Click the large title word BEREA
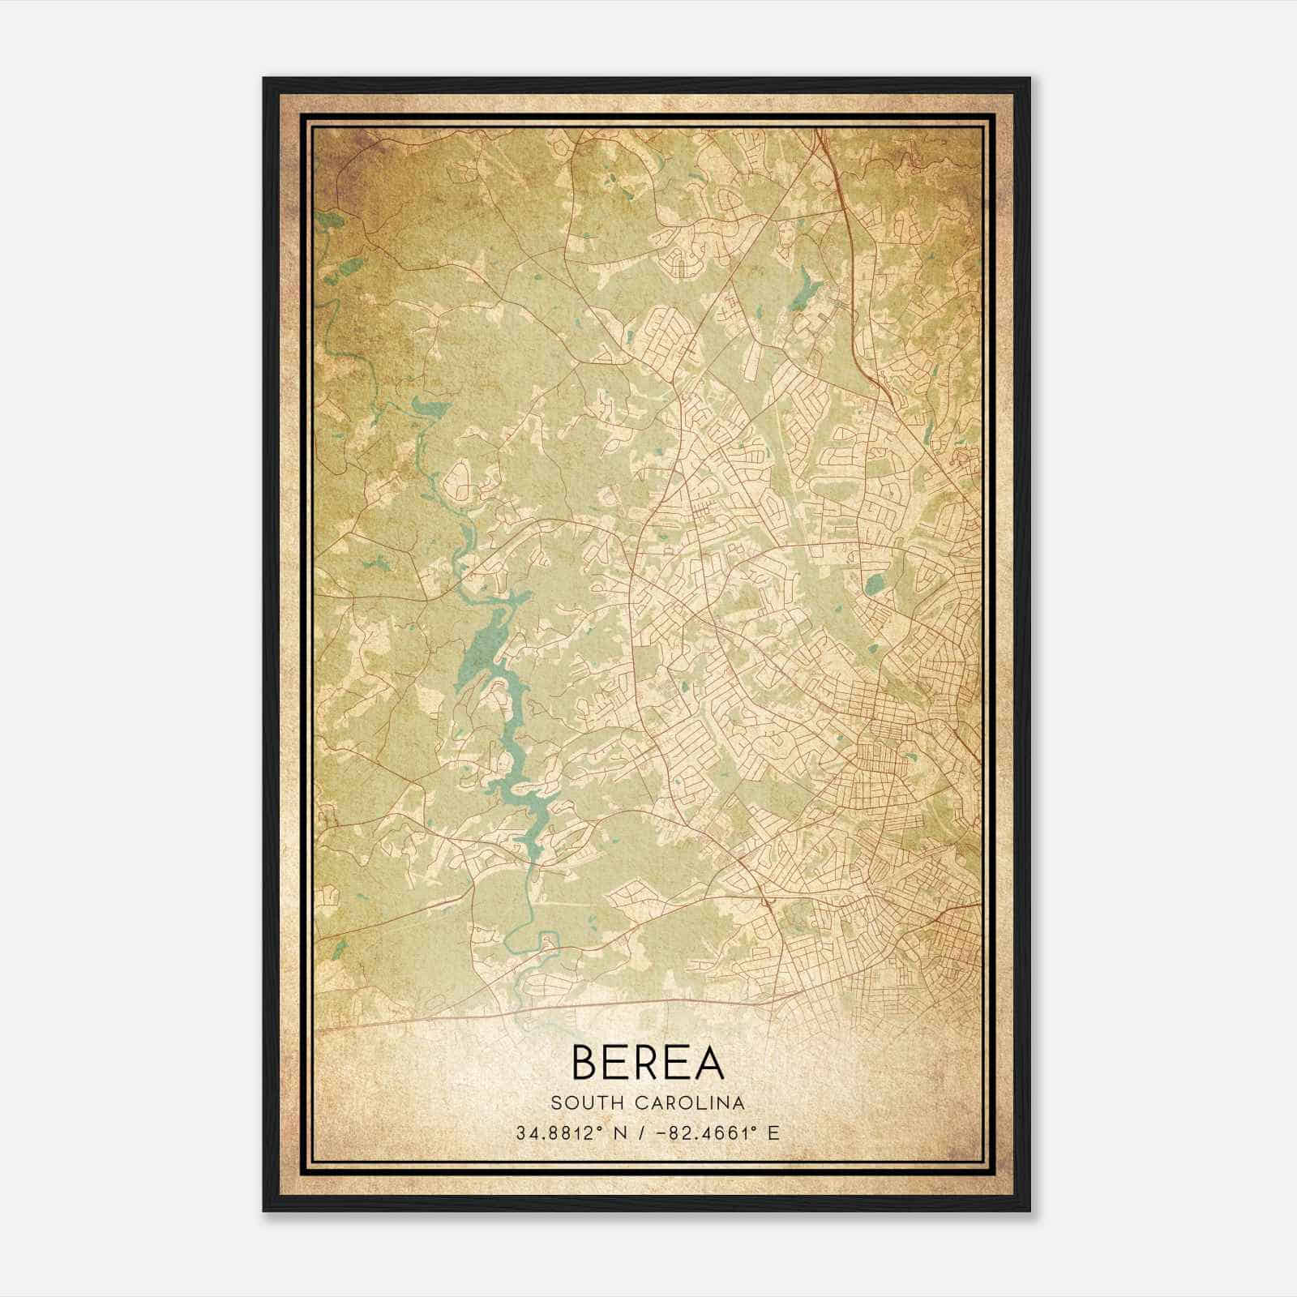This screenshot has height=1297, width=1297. coord(648,1062)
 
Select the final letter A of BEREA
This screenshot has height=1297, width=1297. coord(709,1062)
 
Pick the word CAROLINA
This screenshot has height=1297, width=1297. coord(687,1102)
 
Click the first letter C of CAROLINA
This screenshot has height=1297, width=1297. coord(636,1102)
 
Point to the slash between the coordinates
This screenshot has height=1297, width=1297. coord(644,1132)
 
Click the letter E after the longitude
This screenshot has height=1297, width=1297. coord(773,1132)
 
